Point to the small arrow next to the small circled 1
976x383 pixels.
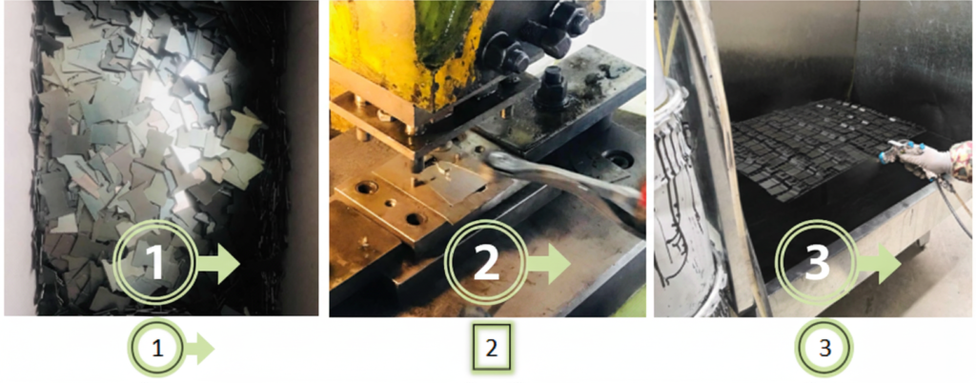198,350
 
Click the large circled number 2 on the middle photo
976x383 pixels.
485,263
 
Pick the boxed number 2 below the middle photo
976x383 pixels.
489,349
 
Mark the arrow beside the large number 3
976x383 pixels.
879,264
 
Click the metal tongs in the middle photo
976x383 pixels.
562,180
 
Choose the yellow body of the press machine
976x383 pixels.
400,48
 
